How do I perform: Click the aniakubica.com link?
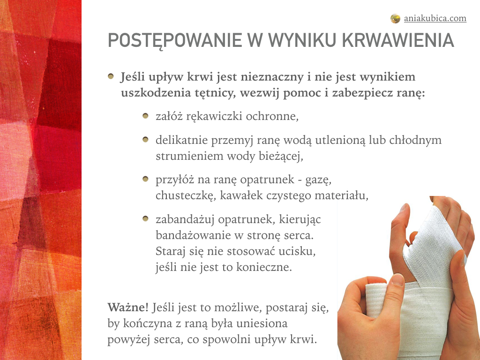coord(435,18)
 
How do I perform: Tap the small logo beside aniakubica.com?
coord(395,19)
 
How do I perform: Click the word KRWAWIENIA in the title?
coord(397,40)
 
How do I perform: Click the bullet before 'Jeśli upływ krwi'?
coord(111,76)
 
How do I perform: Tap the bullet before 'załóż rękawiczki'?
coord(145,116)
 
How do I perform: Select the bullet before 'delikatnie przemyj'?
coord(145,140)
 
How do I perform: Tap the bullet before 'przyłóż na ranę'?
coord(145,179)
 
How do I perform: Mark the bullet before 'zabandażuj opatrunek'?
coord(145,218)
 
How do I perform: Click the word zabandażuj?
coord(185,220)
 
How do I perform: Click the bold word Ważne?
coord(127,307)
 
